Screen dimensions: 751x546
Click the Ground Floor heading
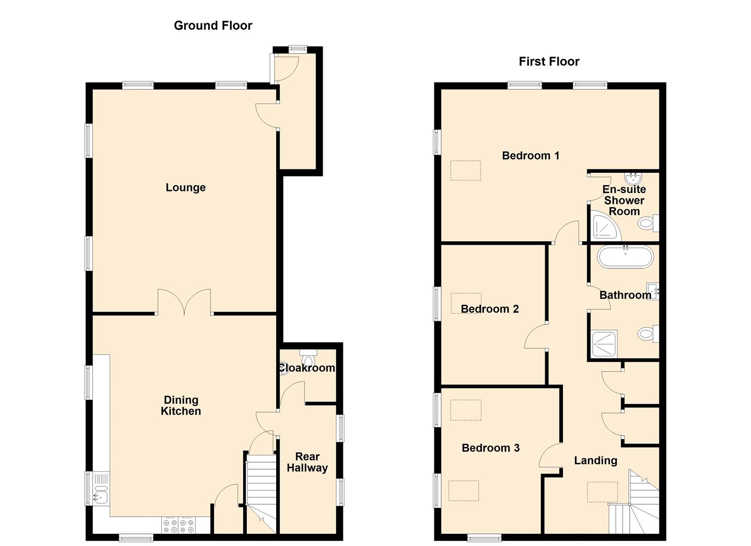point(213,25)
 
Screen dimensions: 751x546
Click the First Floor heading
point(549,61)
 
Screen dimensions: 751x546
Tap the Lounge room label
point(186,188)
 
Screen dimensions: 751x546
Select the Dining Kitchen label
point(181,405)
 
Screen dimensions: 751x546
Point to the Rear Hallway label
point(307,462)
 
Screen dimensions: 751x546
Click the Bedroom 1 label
point(531,156)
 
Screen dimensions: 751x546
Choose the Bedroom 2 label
point(490,309)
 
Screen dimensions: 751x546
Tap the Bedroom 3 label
point(491,448)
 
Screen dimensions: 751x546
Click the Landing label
point(595,461)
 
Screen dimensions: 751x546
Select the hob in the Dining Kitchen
point(179,526)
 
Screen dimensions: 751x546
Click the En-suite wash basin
point(633,178)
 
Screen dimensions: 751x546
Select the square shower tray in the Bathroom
point(604,344)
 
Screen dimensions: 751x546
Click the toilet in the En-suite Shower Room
point(648,223)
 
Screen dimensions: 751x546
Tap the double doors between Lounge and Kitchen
point(184,302)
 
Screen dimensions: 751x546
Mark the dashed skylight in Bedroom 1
point(465,170)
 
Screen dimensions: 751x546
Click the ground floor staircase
point(261,493)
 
